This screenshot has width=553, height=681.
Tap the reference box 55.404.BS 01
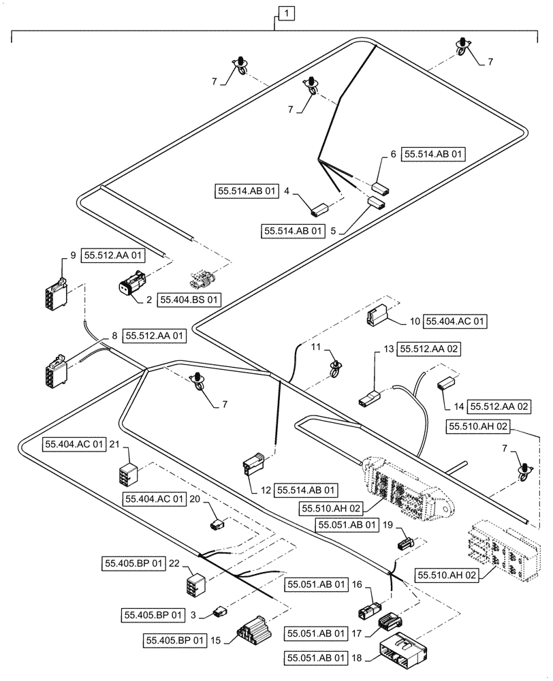tap(190, 299)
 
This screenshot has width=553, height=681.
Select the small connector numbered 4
tap(321, 208)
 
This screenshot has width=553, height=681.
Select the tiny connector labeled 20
tap(218, 524)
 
